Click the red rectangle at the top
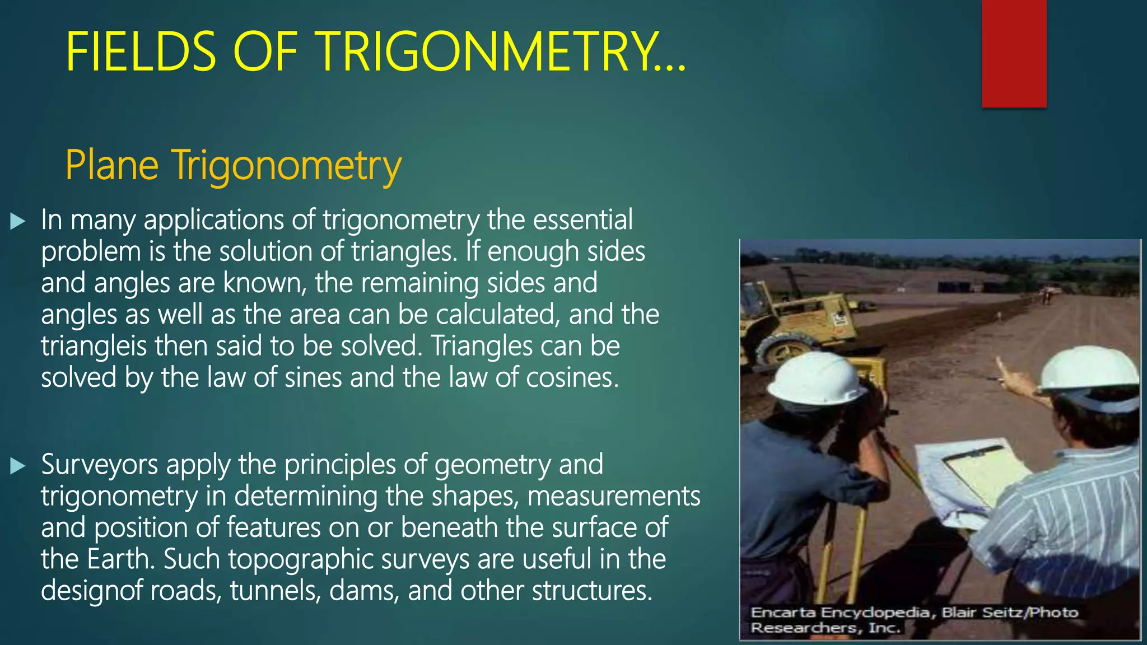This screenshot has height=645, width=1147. pos(1014,53)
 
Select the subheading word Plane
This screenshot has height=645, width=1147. pos(112,166)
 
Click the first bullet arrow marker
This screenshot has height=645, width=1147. pos(18,222)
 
